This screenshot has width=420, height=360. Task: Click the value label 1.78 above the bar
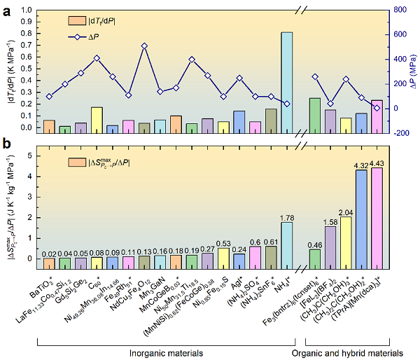pos(286,216)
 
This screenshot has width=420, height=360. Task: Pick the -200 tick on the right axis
pos(398,133)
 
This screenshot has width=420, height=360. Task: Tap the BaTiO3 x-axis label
pos(42,284)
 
